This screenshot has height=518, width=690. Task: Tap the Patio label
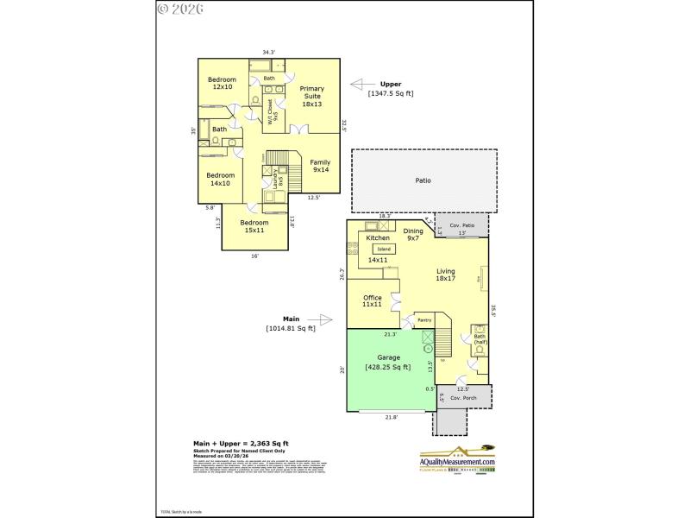[423, 180]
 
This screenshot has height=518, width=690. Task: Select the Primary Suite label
[311, 96]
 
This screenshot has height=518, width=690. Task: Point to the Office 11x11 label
[372, 301]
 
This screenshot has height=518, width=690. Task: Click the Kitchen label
[378, 237]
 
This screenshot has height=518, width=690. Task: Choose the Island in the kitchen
[384, 249]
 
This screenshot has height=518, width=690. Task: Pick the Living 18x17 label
[445, 275]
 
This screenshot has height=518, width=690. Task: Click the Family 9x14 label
[320, 166]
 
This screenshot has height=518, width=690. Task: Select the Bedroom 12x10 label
[223, 83]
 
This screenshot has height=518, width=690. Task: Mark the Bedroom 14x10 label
[219, 179]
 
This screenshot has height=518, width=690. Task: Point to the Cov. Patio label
[461, 223]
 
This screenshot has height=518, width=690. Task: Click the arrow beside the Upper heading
[361, 85]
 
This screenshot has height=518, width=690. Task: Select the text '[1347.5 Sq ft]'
[391, 93]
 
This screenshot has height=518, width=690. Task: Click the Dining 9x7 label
[414, 234]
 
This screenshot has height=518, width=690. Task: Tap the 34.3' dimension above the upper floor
[268, 53]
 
